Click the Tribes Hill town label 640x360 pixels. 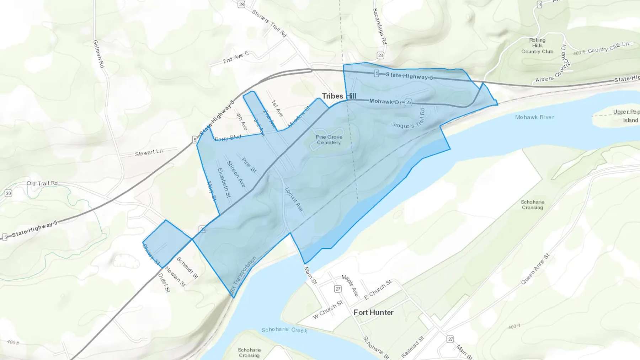pos(339,96)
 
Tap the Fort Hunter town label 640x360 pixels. pos(373,312)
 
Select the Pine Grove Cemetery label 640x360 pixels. pos(329,140)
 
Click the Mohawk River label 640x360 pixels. pos(534,117)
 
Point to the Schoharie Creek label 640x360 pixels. pos(284,330)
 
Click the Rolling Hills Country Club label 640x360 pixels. pos(537,46)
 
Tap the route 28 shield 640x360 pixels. pos(241,4)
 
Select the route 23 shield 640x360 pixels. pos(380,55)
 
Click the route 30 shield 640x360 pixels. pos(8,193)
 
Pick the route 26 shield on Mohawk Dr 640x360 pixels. pos(408,103)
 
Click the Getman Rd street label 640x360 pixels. pos(98,54)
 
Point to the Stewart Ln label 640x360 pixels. pos(149,152)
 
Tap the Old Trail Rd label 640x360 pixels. pos(42,183)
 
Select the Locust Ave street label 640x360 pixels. pos(294,199)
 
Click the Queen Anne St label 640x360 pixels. pos(535,269)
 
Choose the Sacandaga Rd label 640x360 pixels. pos(379,26)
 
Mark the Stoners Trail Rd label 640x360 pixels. pos(269,23)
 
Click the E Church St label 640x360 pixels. pos(378,290)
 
